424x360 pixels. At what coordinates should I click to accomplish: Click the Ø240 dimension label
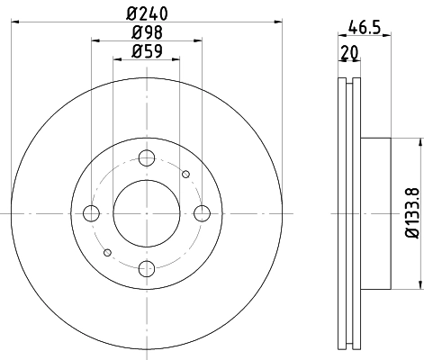point(146,13)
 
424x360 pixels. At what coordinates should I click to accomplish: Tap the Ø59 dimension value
point(146,51)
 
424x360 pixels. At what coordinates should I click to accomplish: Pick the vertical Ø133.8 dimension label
point(410,212)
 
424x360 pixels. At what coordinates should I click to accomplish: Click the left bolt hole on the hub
point(91,213)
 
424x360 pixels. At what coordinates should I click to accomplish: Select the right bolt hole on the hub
point(202,213)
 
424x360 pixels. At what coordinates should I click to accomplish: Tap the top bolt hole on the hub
point(146,158)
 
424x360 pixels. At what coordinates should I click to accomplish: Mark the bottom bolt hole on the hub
point(146,267)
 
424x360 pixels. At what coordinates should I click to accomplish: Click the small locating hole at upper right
point(185,174)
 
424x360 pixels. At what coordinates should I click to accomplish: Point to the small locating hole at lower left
point(107,252)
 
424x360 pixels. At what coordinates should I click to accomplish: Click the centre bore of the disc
point(146,213)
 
